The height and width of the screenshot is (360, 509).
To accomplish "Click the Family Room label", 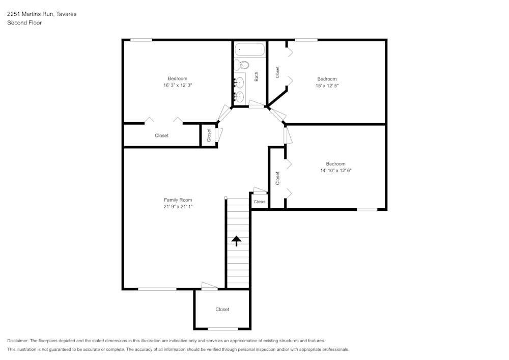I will (x=178, y=200).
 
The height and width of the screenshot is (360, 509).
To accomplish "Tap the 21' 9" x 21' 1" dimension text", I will (x=178, y=207).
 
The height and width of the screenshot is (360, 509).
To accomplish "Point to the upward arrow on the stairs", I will (x=237, y=241).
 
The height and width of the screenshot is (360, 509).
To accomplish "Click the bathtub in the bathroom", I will (x=250, y=50).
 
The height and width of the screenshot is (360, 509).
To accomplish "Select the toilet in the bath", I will (x=241, y=65).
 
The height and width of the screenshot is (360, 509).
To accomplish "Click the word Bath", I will (x=257, y=76).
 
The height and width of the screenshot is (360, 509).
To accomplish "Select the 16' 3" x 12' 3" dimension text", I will (x=178, y=85).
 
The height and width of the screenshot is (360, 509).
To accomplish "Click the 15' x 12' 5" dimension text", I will (x=327, y=86).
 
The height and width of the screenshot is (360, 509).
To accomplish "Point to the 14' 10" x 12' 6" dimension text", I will (x=335, y=171).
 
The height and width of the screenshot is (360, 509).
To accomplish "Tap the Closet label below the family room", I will (x=222, y=309).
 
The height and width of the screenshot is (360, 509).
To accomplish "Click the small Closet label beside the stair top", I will (x=260, y=202).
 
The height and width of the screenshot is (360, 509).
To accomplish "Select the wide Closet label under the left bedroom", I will (x=161, y=135).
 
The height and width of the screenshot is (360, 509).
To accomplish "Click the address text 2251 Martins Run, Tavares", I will (x=42, y=14).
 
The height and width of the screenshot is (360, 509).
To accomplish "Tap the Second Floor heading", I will (x=24, y=23).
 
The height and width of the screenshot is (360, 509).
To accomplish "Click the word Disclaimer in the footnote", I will (x=18, y=341).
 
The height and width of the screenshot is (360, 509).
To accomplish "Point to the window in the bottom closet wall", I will (x=222, y=328).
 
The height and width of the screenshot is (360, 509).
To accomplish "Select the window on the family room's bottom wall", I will (x=157, y=289).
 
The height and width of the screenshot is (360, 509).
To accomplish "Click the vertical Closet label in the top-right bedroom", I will (x=277, y=72).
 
